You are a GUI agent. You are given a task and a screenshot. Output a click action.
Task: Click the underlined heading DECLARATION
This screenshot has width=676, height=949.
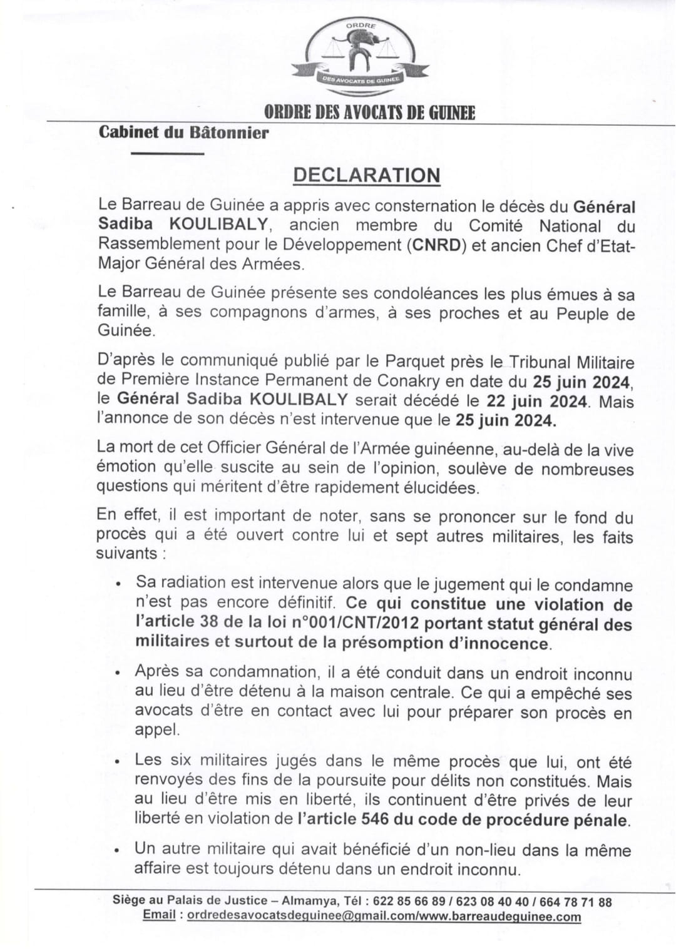coord(367,175)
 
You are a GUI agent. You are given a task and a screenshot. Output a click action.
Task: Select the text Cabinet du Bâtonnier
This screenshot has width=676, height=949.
coord(183,133)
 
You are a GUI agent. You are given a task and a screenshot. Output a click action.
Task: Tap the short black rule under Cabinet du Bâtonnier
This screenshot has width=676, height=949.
coord(168,153)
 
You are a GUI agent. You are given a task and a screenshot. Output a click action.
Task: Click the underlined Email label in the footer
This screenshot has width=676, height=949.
coord(159,916)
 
